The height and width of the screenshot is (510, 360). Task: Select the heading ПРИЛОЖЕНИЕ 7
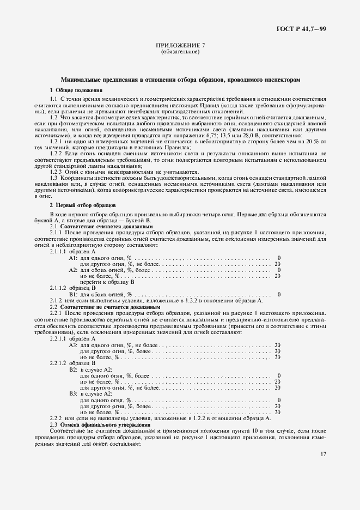(180, 46)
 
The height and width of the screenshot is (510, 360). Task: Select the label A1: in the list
(73, 257)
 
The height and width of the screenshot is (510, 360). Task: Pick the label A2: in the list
(73, 270)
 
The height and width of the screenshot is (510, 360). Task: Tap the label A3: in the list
(73, 344)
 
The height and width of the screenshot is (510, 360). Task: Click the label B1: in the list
(73, 294)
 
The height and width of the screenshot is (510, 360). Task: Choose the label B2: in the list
(73, 369)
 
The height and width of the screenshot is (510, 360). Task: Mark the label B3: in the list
(73, 393)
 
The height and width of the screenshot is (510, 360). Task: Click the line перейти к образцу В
(107, 282)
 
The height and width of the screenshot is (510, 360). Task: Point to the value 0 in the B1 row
(279, 294)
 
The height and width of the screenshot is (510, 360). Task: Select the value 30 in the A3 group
(278, 357)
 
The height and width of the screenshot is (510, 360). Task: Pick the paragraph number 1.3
(54, 177)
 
